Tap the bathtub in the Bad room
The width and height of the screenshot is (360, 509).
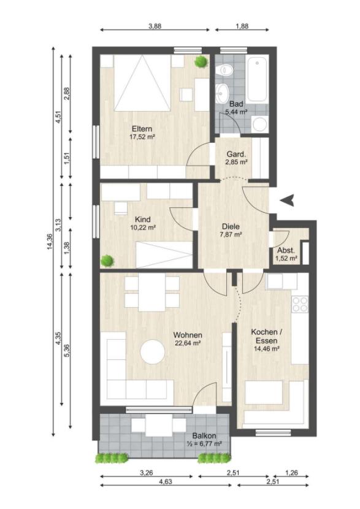coord(258,79)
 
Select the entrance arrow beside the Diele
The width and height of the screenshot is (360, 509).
coord(288,200)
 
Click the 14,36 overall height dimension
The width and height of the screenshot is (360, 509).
coord(50,242)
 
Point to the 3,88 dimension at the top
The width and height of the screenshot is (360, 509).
coord(155,26)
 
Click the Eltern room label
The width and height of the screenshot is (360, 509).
coord(142,128)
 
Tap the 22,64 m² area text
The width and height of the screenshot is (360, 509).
coord(188,343)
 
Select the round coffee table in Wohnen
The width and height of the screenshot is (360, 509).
coord(153,351)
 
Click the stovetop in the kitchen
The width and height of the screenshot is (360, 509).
coord(300,305)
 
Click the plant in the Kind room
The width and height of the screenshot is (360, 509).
coord(107,261)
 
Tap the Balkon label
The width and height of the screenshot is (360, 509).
coord(204,436)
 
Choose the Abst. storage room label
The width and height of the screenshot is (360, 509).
coord(286,251)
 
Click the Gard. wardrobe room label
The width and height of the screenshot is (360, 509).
coord(236,154)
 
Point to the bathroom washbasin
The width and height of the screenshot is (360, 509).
coord(223,91)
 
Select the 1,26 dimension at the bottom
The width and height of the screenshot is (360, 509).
coord(291,473)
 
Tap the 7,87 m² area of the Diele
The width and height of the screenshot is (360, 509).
coord(231,234)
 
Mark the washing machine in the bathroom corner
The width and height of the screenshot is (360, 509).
coord(259,124)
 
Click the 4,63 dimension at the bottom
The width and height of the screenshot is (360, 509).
coord(166,481)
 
